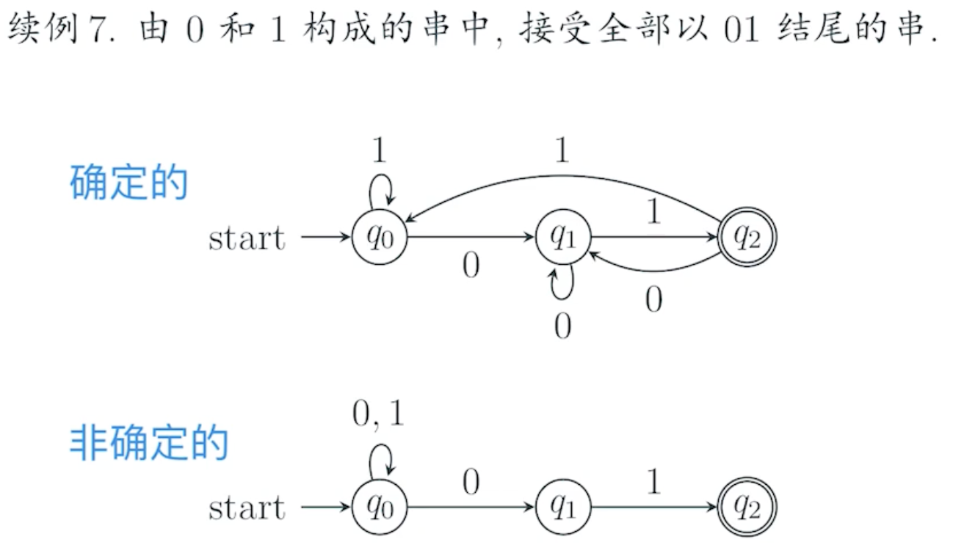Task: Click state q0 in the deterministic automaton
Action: (x=379, y=237)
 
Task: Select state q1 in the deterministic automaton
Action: (x=562, y=237)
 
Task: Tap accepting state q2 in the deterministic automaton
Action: (x=747, y=237)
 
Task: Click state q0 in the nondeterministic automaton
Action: (x=379, y=507)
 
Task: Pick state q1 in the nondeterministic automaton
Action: (x=562, y=507)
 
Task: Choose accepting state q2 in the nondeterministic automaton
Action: (x=747, y=507)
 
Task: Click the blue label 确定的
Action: (x=129, y=183)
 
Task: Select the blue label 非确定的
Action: (x=149, y=443)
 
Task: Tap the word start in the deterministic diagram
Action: (x=247, y=238)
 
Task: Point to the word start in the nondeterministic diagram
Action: (x=247, y=508)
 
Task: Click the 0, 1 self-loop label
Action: (x=379, y=415)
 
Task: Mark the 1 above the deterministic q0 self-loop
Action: (x=379, y=150)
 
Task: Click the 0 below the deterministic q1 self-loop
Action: (x=562, y=326)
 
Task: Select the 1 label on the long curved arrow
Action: (x=562, y=150)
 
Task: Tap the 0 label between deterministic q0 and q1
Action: (x=471, y=266)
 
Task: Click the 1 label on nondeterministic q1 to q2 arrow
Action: (x=653, y=482)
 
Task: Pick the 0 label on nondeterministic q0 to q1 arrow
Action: (x=471, y=482)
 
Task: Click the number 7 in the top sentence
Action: (x=98, y=33)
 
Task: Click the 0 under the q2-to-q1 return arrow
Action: (x=653, y=299)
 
